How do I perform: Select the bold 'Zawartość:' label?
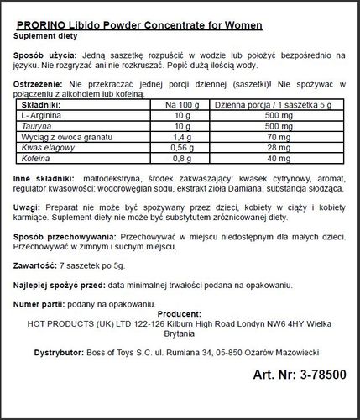tap(37, 288)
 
